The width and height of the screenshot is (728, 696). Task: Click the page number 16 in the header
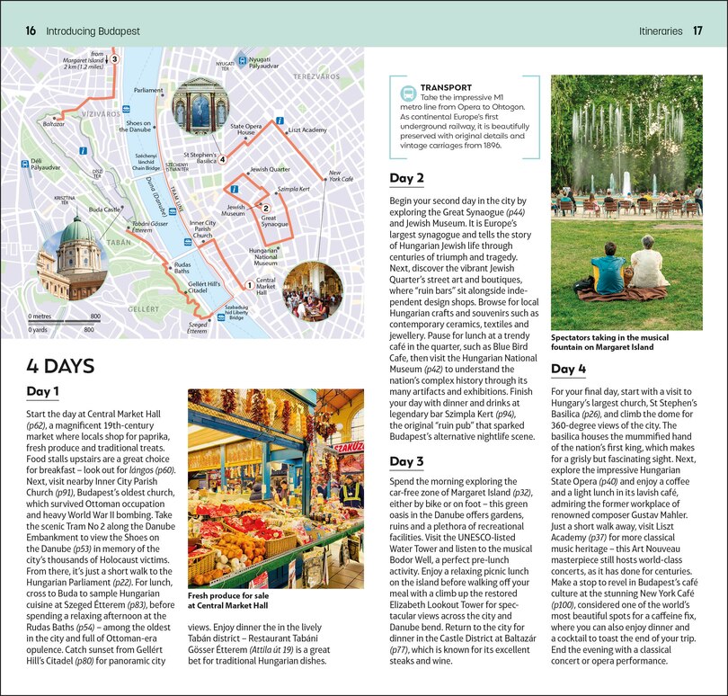tap(31, 31)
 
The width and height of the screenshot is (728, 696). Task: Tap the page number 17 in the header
tap(697, 31)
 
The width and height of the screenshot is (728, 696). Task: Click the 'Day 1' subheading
tap(42, 391)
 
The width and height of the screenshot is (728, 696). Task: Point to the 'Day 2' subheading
tap(406, 178)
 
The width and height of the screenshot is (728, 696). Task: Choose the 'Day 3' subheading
tap(406, 461)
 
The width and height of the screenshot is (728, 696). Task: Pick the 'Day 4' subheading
tap(568, 369)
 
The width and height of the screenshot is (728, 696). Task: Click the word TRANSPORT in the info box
tap(446, 87)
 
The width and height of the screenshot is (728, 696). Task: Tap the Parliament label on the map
tap(148, 91)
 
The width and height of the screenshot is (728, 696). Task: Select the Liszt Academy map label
tap(307, 130)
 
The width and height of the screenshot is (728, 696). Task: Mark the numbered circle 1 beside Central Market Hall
tap(249, 285)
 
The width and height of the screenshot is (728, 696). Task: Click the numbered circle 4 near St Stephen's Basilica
tap(222, 160)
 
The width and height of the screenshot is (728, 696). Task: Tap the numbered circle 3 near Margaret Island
tap(114, 59)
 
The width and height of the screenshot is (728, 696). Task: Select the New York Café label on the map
tap(341, 175)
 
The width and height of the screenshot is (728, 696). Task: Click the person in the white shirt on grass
tap(646, 264)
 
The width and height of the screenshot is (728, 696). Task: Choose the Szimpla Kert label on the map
tap(294, 190)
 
